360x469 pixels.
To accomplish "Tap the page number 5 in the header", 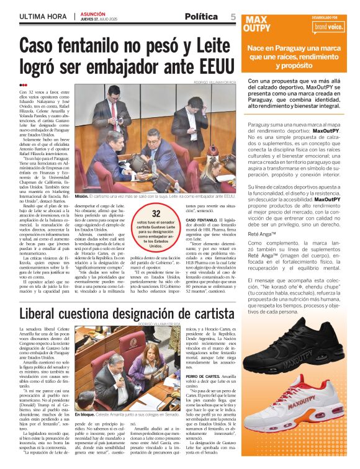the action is click(233, 16).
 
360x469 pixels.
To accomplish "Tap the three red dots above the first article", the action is click(23, 86).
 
